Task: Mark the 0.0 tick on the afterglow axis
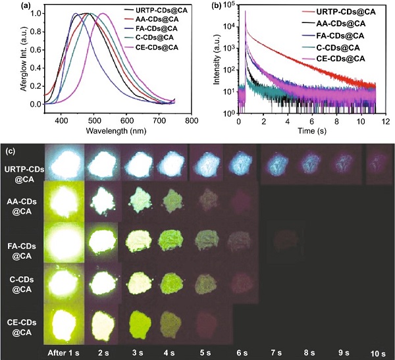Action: [x=18, y=104]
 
